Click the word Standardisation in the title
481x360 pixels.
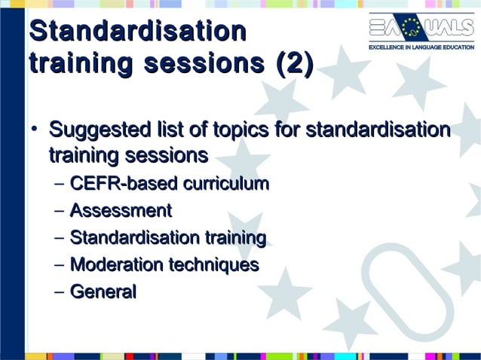click(137, 32)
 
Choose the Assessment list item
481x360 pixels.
click(121, 211)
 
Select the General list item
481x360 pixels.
click(103, 292)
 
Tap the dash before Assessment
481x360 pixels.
click(60, 212)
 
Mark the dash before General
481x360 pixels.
click(60, 293)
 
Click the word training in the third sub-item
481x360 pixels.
click(235, 238)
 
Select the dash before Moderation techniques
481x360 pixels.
click(60, 266)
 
